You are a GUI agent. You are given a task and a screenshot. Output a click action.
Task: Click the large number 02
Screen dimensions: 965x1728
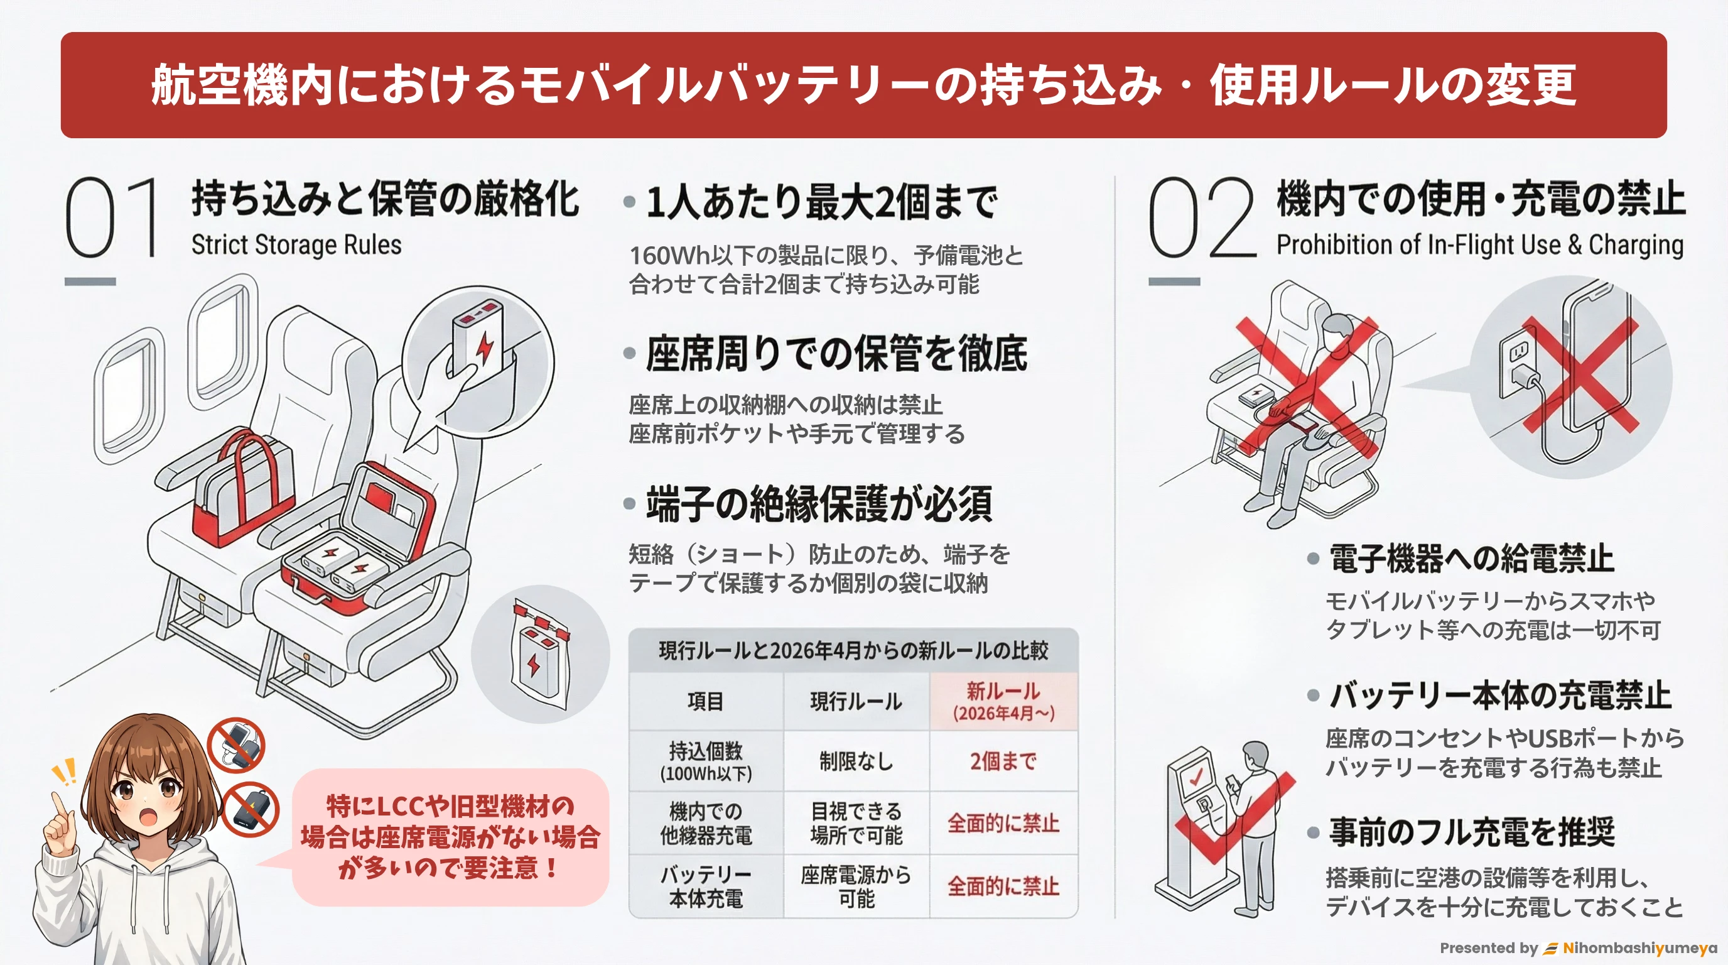[1201, 218]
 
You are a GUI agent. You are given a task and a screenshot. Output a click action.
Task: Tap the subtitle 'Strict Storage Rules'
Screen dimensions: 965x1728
[296, 245]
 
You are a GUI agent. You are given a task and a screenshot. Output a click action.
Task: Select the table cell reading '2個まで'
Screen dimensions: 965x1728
[1003, 761]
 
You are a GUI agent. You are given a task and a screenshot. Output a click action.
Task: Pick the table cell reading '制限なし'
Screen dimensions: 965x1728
[856, 761]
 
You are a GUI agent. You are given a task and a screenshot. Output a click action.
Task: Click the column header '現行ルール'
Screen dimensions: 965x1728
[856, 702]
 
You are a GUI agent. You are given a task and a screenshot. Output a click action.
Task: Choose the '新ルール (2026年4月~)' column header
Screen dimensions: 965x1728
[1003, 701]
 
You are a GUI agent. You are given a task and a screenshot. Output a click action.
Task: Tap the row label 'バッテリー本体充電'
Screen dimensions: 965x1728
[706, 886]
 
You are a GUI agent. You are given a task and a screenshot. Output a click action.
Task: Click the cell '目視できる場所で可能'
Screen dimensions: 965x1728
[856, 824]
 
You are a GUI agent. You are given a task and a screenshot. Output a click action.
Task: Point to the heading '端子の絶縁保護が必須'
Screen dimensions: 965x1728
[818, 504]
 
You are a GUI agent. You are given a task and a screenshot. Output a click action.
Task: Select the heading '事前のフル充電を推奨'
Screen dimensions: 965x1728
[1472, 832]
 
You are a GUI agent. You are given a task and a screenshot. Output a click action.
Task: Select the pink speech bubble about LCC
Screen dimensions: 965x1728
[450, 837]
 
